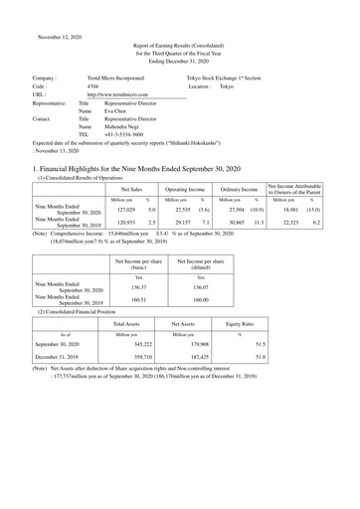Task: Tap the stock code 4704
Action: (92, 86)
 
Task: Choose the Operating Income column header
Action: (186, 188)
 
